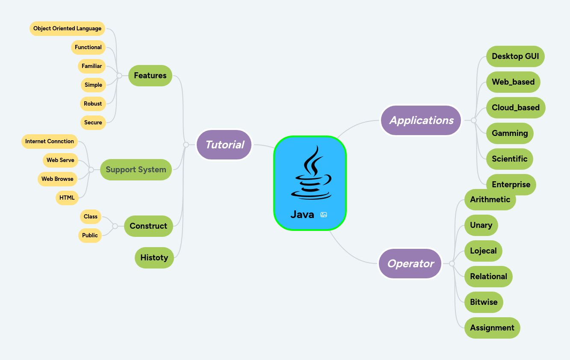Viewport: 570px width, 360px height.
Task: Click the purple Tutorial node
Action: pyautogui.click(x=224, y=145)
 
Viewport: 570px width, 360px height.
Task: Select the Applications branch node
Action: pyautogui.click(x=421, y=121)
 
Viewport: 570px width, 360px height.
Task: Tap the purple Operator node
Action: pyautogui.click(x=410, y=264)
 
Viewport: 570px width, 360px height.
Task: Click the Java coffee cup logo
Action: pyautogui.click(x=311, y=173)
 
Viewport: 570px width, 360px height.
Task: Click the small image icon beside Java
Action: pyautogui.click(x=324, y=215)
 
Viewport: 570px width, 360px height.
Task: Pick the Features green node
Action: pyautogui.click(x=150, y=76)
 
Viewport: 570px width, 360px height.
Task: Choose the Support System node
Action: pyautogui.click(x=136, y=170)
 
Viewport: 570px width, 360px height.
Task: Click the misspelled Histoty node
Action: pyautogui.click(x=154, y=258)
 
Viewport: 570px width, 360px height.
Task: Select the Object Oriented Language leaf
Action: pyautogui.click(x=68, y=29)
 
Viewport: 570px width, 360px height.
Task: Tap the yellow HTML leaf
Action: pyautogui.click(x=67, y=198)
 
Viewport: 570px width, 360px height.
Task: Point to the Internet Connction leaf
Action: pyautogui.click(x=50, y=142)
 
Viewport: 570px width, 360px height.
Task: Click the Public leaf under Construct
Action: pyautogui.click(x=90, y=235)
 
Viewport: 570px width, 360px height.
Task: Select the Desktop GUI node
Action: pyautogui.click(x=515, y=56)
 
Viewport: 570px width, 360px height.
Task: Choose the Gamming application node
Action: pyautogui.click(x=510, y=133)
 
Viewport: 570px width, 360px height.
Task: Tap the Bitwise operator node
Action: pyautogui.click(x=484, y=302)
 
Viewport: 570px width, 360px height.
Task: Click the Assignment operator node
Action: pyautogui.click(x=492, y=328)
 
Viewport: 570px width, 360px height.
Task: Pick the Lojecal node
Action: pyautogui.click(x=483, y=251)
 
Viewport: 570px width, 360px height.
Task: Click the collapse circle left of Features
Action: pyautogui.click(x=119, y=76)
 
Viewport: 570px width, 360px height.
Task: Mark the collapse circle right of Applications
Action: pyautogui.click(x=473, y=121)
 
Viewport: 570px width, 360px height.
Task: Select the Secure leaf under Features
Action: pyautogui.click(x=93, y=123)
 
